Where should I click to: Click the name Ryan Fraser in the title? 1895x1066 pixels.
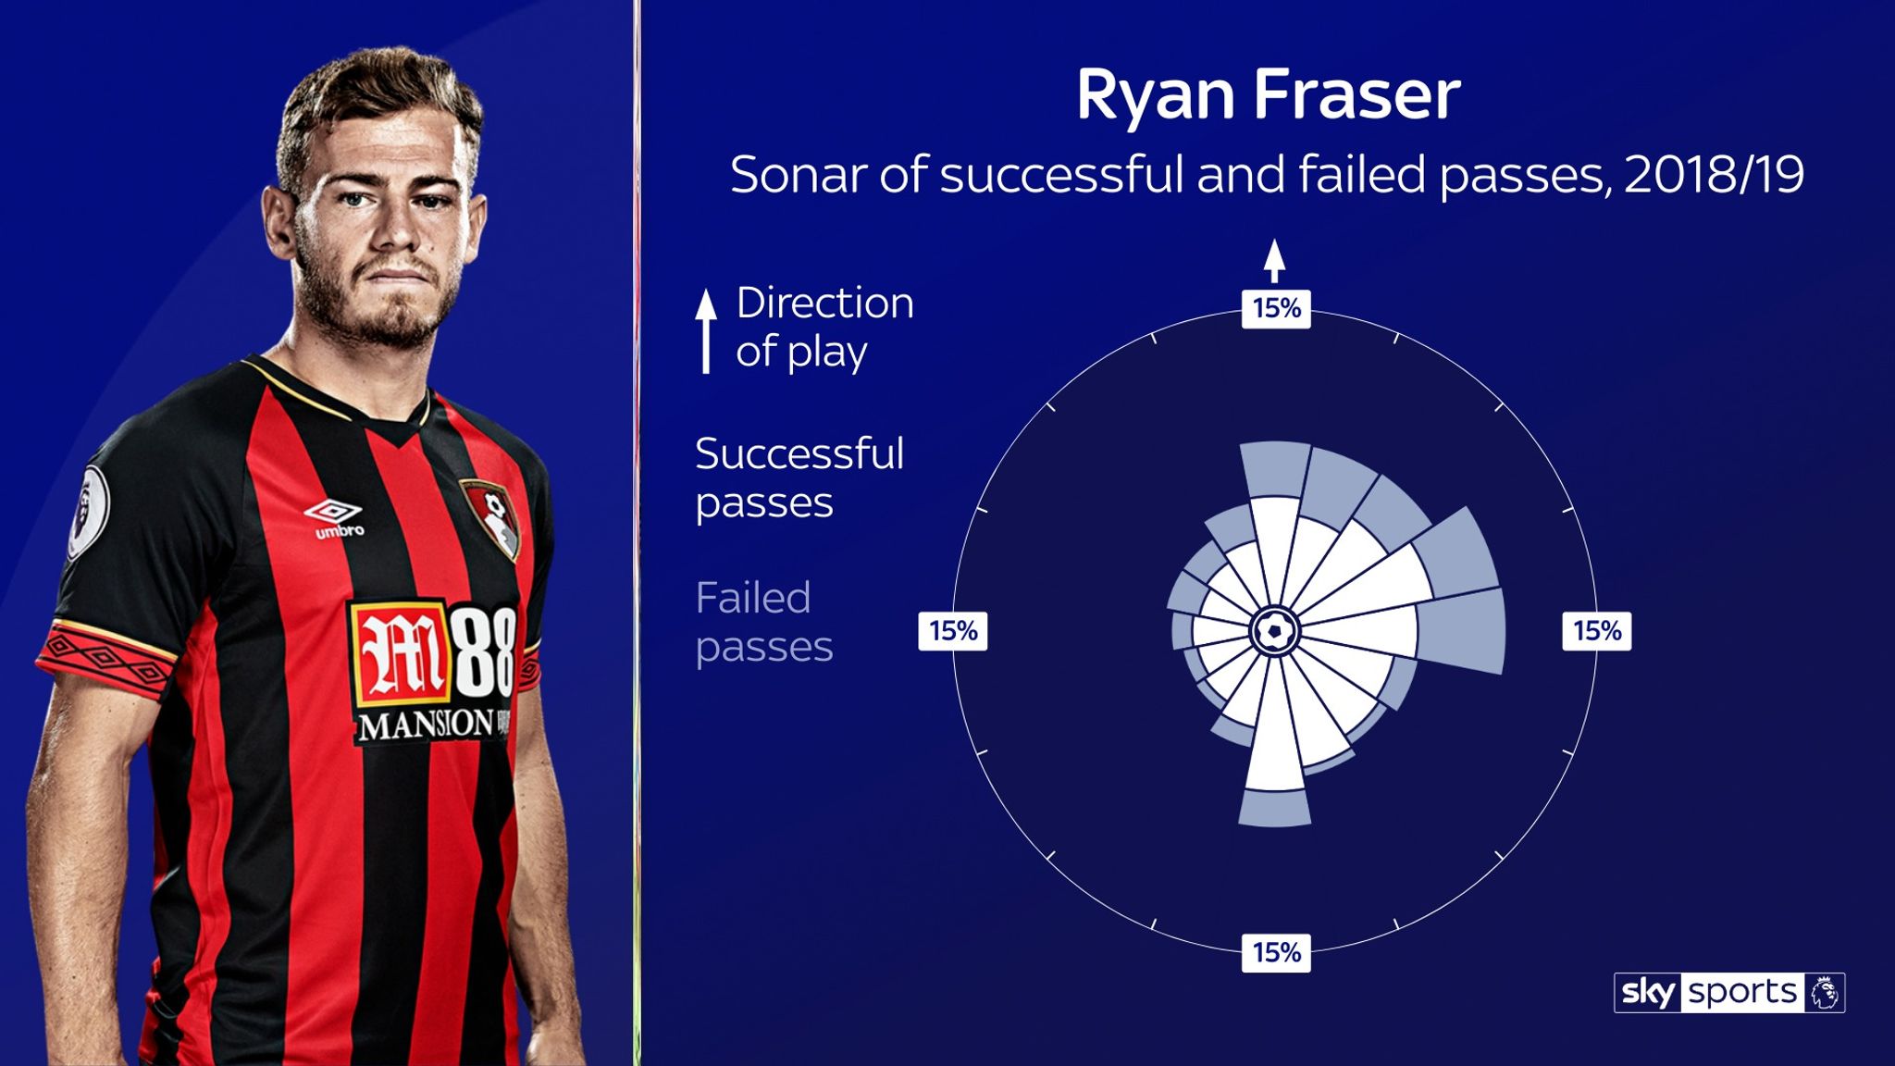click(x=1268, y=95)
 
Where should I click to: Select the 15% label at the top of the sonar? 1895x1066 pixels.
click(x=1276, y=308)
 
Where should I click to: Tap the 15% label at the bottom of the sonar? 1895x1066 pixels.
click(x=1276, y=952)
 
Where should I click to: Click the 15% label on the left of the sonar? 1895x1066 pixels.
click(x=953, y=631)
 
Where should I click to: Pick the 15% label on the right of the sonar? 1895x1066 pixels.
click(x=1597, y=631)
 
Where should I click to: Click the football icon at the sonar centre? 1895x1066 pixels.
click(x=1275, y=632)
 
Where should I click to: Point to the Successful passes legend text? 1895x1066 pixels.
click(x=799, y=477)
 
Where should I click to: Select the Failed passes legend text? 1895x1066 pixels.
click(x=763, y=622)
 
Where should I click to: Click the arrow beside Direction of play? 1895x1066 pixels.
click(x=706, y=330)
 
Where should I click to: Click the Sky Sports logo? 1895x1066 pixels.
click(x=1728, y=993)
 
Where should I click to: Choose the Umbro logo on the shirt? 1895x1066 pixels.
click(x=334, y=517)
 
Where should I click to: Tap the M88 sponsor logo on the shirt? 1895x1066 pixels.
click(x=433, y=651)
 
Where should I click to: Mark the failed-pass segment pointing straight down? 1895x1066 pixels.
click(x=1275, y=807)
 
